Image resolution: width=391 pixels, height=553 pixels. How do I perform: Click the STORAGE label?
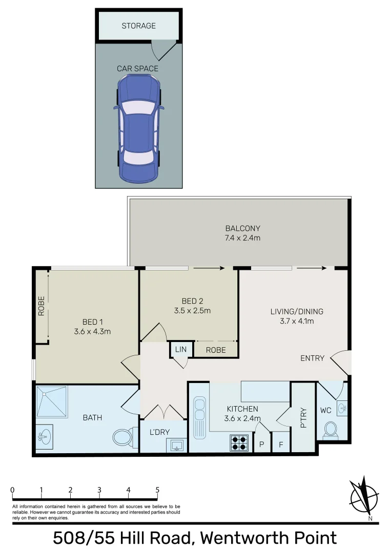click(138, 26)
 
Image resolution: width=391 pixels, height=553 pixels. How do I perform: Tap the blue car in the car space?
click(138, 128)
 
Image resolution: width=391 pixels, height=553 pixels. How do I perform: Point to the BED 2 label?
click(192, 301)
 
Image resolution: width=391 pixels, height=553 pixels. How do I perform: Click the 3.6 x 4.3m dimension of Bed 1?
click(92, 331)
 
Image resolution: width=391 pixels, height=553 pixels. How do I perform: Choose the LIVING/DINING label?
click(297, 311)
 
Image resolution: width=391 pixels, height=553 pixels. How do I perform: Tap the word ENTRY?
click(312, 358)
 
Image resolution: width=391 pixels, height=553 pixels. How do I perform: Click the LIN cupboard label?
click(180, 350)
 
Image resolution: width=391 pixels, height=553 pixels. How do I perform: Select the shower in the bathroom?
click(52, 402)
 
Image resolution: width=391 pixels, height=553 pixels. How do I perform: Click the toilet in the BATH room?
click(122, 437)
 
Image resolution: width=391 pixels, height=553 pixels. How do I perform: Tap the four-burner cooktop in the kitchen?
click(239, 442)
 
